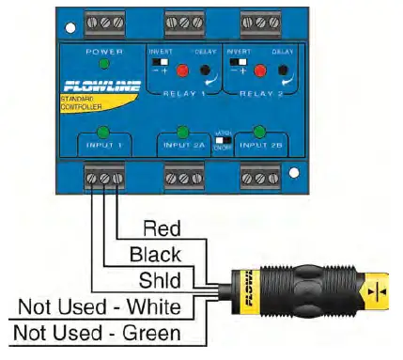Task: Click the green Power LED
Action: [x=103, y=63]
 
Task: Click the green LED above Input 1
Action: [x=103, y=132]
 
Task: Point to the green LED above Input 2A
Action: [x=182, y=132]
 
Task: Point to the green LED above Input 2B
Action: [x=258, y=132]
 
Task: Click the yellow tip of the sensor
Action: [x=377, y=293]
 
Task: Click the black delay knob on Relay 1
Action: [x=203, y=70]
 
